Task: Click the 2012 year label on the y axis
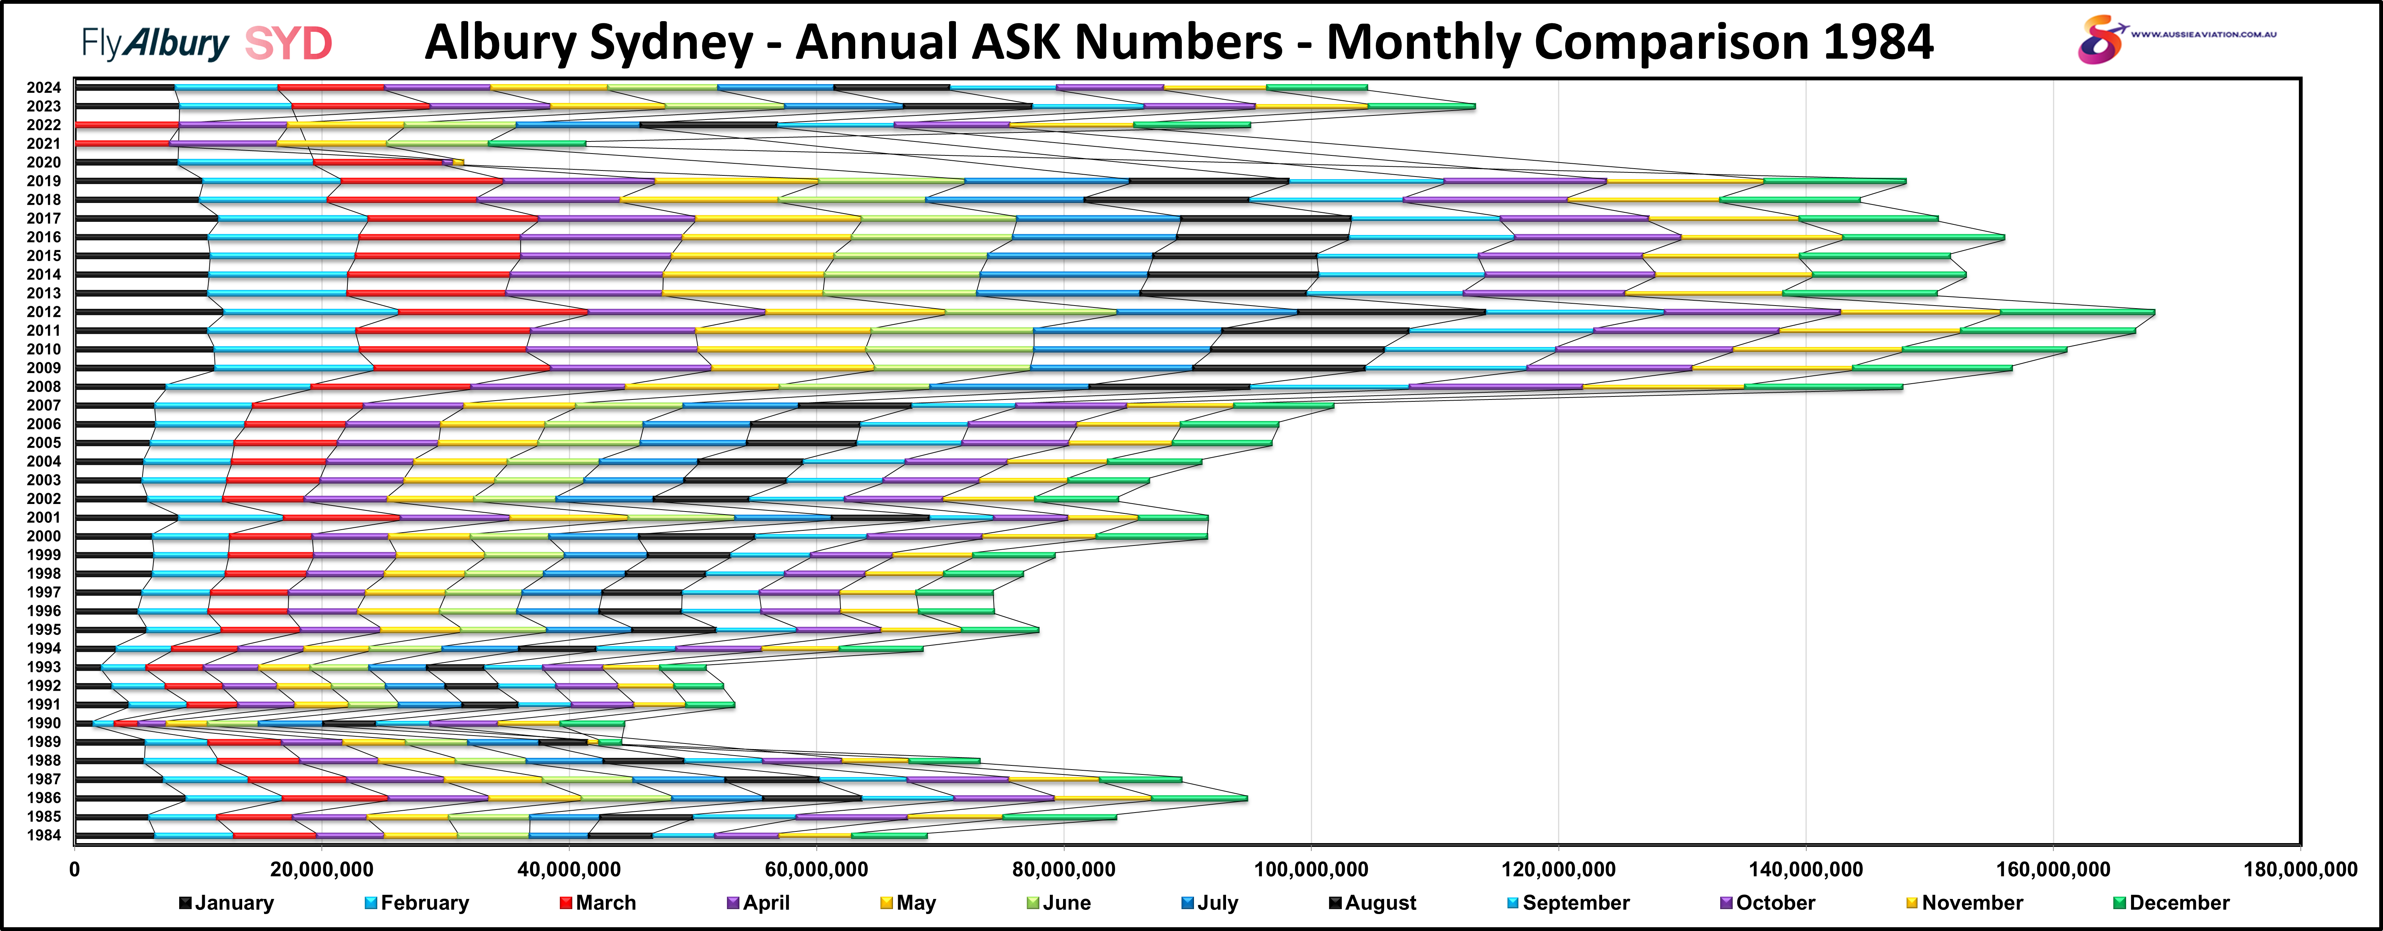43,312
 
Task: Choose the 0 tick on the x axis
75,870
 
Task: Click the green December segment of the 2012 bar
2077,312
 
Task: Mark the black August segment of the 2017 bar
1266,218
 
